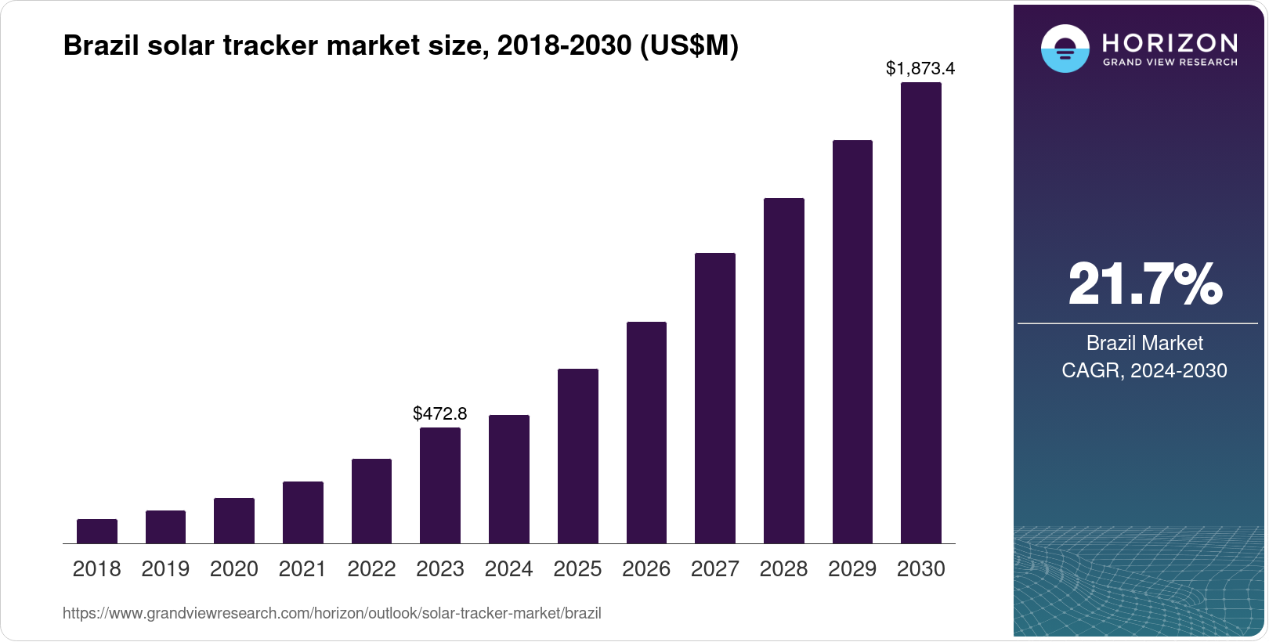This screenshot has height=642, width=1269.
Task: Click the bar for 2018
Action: pyautogui.click(x=97, y=532)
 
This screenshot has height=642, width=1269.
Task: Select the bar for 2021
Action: pyautogui.click(x=303, y=513)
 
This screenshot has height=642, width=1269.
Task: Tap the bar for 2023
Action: pyautogui.click(x=440, y=485)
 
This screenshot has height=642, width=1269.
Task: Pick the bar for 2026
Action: pyautogui.click(x=646, y=433)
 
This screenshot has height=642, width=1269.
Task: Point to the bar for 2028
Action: pyautogui.click(x=784, y=371)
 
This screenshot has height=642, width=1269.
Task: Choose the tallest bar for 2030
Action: pyautogui.click(x=921, y=313)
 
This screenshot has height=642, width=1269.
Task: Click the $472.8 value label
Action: pyautogui.click(x=440, y=413)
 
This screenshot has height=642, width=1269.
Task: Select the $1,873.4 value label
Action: pyautogui.click(x=920, y=69)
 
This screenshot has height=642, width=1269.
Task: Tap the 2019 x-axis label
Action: pyautogui.click(x=165, y=569)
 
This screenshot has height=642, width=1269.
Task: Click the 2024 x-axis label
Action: pyautogui.click(x=508, y=569)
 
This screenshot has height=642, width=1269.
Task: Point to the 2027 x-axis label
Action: pyautogui.click(x=715, y=569)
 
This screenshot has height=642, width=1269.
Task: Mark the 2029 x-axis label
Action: pyautogui.click(x=852, y=569)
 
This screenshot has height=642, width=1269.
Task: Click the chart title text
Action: pyautogui.click(x=400, y=46)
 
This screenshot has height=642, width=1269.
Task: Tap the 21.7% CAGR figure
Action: pyautogui.click(x=1144, y=284)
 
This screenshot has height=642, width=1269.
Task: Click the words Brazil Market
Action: pyautogui.click(x=1144, y=343)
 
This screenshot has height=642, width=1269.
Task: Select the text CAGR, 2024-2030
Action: pyautogui.click(x=1144, y=370)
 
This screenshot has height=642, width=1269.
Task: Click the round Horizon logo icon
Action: pyautogui.click(x=1065, y=49)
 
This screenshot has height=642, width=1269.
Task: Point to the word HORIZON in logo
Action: pyautogui.click(x=1170, y=42)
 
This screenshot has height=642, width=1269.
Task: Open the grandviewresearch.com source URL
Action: pyautogui.click(x=332, y=614)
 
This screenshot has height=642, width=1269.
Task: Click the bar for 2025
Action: pyautogui.click(x=578, y=456)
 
